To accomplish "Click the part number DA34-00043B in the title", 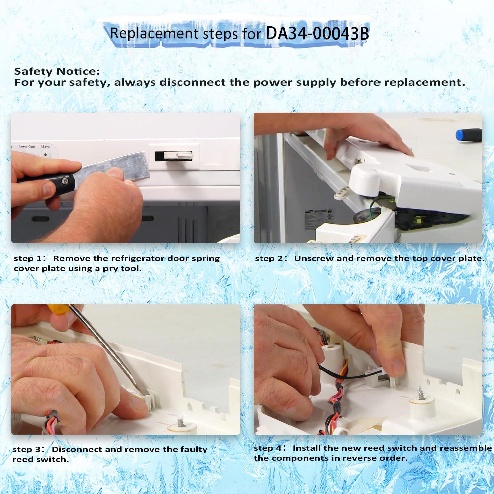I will click(x=317, y=33).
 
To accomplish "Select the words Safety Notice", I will click(x=57, y=71).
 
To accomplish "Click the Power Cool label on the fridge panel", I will click(x=27, y=147).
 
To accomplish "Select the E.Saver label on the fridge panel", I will click(x=45, y=147).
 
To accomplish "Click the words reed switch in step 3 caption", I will click(x=41, y=459).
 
